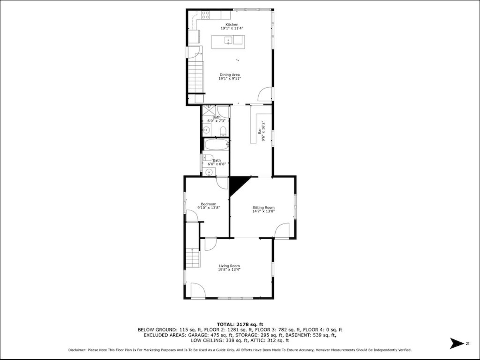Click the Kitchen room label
pyautogui.click(x=232, y=24)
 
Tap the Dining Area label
pyautogui.click(x=229, y=75)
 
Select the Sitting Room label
pyautogui.click(x=264, y=207)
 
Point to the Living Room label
pyautogui.click(x=229, y=266)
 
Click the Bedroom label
pyautogui.click(x=208, y=204)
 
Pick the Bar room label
pyautogui.click(x=259, y=131)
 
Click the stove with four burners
pyautogui.click(x=205, y=15)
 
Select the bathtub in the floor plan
pyautogui.click(x=217, y=145)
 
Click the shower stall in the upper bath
pyautogui.click(x=209, y=111)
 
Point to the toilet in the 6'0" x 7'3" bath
pyautogui.click(x=223, y=131)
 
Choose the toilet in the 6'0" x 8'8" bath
pyautogui.click(x=208, y=157)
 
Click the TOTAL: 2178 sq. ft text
pyautogui.click(x=240, y=324)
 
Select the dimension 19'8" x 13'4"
pyautogui.click(x=229, y=270)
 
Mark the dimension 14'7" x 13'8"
pyautogui.click(x=264, y=211)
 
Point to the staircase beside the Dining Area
pyautogui.click(x=196, y=77)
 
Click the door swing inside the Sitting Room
pyautogui.click(x=282, y=230)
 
